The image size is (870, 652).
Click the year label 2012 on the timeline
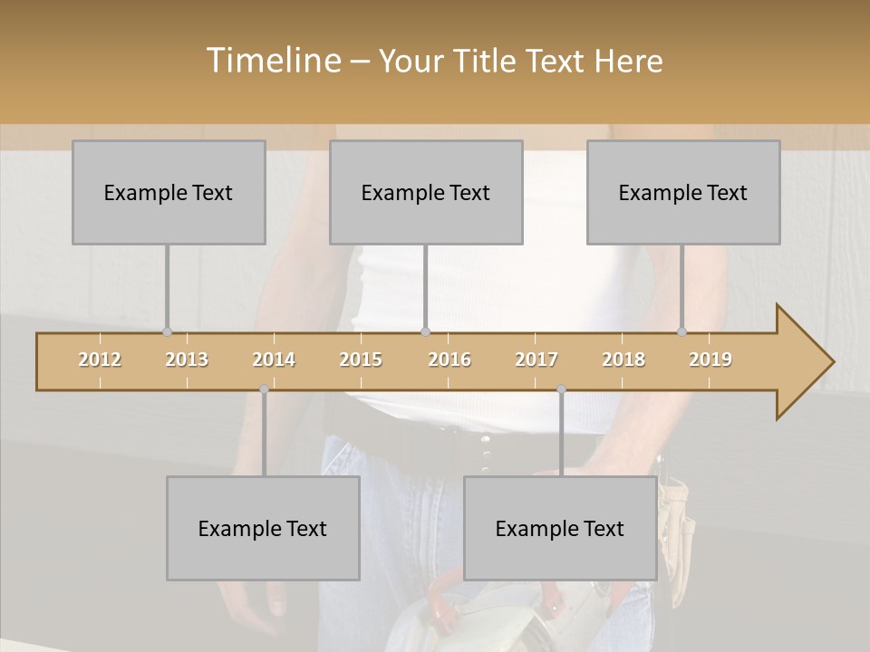(100, 360)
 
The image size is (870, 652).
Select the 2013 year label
(187, 360)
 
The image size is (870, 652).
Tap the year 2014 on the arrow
(274, 360)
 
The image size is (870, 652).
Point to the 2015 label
(361, 360)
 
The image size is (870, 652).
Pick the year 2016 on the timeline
(449, 360)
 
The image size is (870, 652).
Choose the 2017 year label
(536, 360)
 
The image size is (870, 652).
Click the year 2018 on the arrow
(623, 360)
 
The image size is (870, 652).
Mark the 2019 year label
(710, 360)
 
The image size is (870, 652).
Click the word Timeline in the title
(272, 61)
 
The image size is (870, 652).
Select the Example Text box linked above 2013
(169, 193)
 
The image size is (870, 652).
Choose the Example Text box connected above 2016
(426, 193)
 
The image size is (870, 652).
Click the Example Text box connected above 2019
(683, 193)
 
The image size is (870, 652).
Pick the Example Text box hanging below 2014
(263, 528)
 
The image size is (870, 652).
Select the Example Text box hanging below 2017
(560, 528)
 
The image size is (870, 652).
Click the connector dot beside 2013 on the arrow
(167, 331)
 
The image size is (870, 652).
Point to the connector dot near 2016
(425, 331)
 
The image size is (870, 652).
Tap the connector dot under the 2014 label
(264, 389)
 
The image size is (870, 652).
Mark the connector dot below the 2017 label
(561, 389)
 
